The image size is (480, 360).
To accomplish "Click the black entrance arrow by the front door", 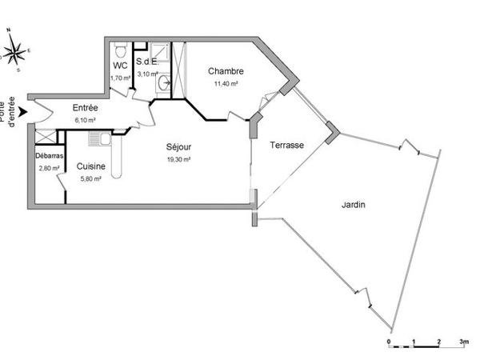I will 25,111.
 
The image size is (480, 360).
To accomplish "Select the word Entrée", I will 86,108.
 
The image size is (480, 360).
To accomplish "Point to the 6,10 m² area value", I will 86,120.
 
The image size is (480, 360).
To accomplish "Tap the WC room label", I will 120,66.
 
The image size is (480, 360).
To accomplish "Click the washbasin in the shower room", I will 164,82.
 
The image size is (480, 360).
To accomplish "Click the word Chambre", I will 226,71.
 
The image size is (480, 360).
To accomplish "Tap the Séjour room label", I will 178,147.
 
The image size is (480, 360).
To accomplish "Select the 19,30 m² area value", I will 178,159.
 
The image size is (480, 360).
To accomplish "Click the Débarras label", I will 48,156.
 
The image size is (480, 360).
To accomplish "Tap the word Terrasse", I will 286,145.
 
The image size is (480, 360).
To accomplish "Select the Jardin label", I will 353,205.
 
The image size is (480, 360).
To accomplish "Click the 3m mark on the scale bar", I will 463,342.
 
